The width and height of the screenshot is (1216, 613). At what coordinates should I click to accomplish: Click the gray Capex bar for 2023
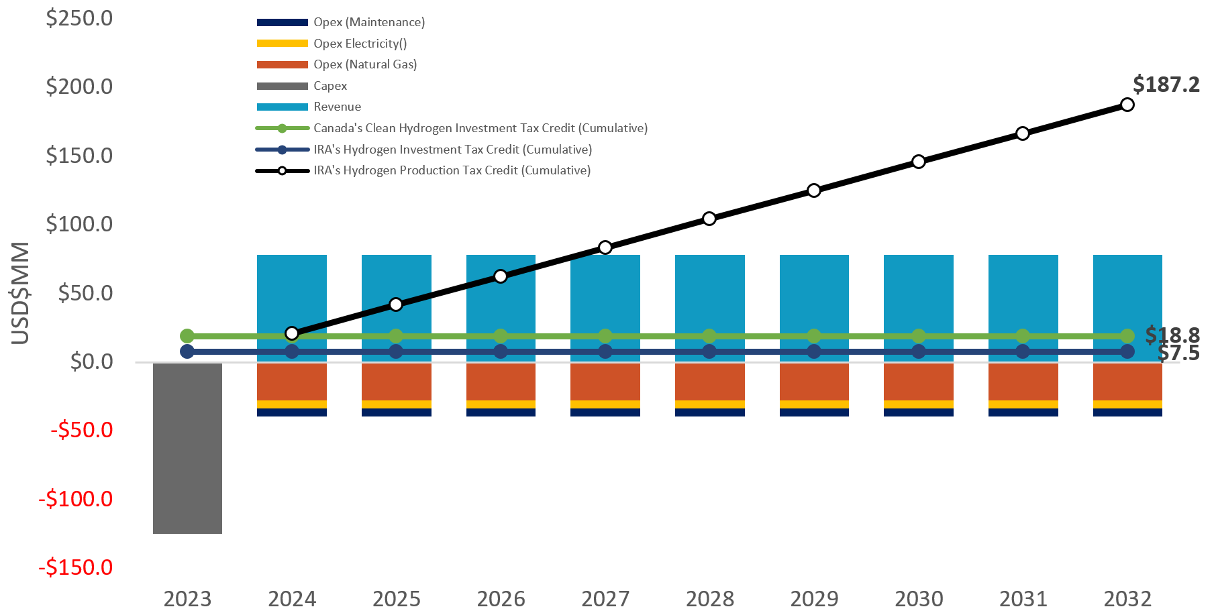pos(187,448)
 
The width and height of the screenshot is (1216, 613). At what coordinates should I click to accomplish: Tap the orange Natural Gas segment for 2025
pos(396,381)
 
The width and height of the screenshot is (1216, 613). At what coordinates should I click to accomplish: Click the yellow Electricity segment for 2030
pos(918,404)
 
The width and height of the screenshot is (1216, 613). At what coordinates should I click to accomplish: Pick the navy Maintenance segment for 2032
pos(1127,412)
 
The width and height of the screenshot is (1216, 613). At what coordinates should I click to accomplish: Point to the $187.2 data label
pos(1166,85)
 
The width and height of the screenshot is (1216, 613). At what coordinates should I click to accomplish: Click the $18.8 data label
pos(1172,334)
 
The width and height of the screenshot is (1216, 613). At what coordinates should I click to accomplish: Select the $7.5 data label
pos(1178,353)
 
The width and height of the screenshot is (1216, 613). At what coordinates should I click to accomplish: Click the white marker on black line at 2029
pos(814,190)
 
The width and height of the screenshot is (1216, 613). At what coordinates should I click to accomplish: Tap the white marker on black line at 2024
pos(292,333)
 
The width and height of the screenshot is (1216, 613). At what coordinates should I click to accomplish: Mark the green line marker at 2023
pos(187,336)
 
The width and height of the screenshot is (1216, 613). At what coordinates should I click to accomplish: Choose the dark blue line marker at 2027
pos(605,351)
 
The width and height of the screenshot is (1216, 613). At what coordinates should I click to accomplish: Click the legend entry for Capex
pos(330,86)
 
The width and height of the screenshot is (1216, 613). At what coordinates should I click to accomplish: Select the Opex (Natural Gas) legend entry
pos(364,64)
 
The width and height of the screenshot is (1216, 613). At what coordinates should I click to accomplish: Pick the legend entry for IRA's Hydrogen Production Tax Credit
pos(452,170)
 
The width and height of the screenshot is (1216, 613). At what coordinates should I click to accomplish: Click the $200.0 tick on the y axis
pos(79,87)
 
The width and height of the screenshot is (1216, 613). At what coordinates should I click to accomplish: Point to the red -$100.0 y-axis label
pos(76,499)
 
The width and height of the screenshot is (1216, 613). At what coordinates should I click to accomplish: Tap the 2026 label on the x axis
pos(501,598)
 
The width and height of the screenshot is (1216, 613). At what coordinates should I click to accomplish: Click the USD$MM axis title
pos(21,293)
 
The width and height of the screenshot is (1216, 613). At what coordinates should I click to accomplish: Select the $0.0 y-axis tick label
pos(91,361)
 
